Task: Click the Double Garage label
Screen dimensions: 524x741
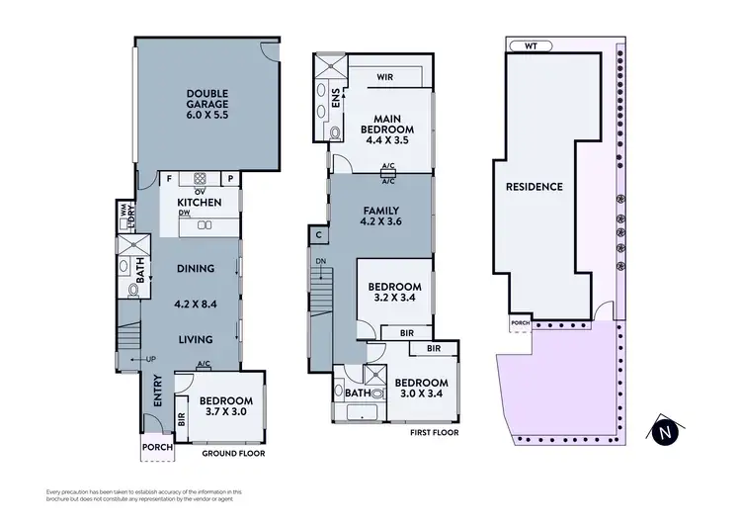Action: [x=207, y=106]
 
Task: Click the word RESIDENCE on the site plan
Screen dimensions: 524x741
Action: [x=534, y=186]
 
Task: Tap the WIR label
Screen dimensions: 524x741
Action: [x=386, y=75]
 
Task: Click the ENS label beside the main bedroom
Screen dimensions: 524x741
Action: [x=336, y=99]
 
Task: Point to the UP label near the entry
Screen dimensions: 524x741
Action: [x=151, y=358]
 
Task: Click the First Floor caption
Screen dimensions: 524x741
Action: [x=434, y=433]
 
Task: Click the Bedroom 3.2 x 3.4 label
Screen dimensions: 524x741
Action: [x=393, y=288]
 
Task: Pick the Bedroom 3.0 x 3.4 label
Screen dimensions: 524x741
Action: [x=421, y=389]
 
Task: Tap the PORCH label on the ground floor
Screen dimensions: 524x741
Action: [x=157, y=447]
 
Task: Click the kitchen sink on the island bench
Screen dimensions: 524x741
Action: [x=205, y=225]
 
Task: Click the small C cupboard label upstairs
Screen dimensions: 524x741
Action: [x=319, y=235]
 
